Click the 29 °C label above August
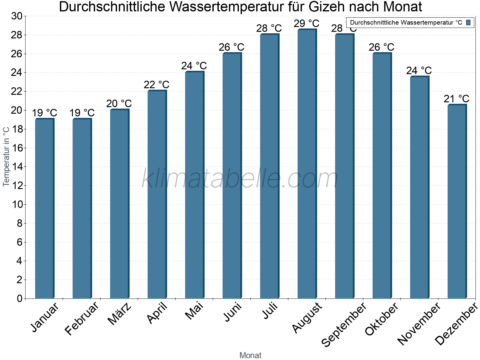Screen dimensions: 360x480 tap(306, 23)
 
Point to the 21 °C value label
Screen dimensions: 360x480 tap(456, 99)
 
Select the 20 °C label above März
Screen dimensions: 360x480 tap(119, 103)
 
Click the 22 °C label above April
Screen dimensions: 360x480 tap(156, 85)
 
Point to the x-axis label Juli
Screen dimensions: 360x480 tap(270, 311)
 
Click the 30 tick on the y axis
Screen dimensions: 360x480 tap(17, 16)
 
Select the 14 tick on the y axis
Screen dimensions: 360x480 tap(17, 167)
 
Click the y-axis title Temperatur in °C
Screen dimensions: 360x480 tap(6, 157)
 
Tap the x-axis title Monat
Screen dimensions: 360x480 tap(250, 355)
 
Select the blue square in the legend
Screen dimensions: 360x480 tap(468, 22)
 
